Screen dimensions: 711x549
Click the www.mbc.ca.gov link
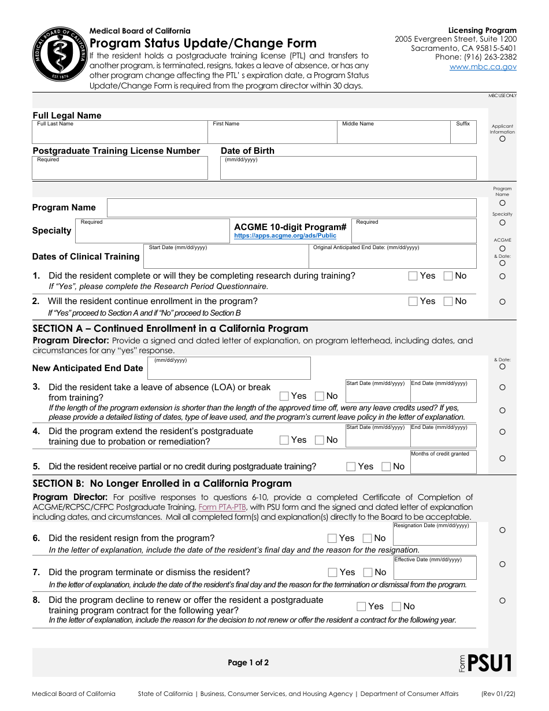click(x=483, y=67)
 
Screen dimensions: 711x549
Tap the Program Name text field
click(x=292, y=208)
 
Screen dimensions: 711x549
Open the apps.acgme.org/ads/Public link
click(x=285, y=236)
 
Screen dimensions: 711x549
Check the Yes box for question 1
click(x=413, y=276)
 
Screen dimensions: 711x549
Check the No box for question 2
click(x=448, y=301)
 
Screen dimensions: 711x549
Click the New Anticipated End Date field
click(x=229, y=368)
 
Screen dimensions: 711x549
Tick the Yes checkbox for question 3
click(x=284, y=396)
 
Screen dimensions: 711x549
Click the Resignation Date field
click(x=435, y=534)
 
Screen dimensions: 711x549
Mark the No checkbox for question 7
click(x=368, y=572)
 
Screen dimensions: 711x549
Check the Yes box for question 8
click(x=361, y=606)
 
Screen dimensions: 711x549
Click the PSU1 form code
click(x=489, y=663)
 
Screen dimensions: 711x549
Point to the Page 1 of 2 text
click(x=248, y=663)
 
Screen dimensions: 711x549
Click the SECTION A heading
click(x=170, y=328)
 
